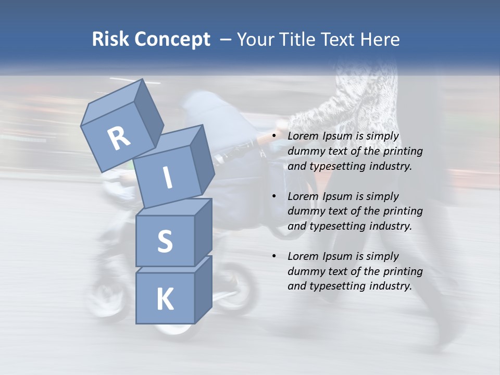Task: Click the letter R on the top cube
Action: (118, 138)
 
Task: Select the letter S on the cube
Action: (165, 241)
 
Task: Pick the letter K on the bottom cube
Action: (165, 299)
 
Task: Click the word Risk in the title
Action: (111, 39)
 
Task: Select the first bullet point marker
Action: (274, 136)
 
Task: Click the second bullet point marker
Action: (274, 196)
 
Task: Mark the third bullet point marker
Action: (274, 256)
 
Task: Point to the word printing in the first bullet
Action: (404, 152)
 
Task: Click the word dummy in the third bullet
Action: (304, 271)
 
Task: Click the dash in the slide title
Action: (226, 39)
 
